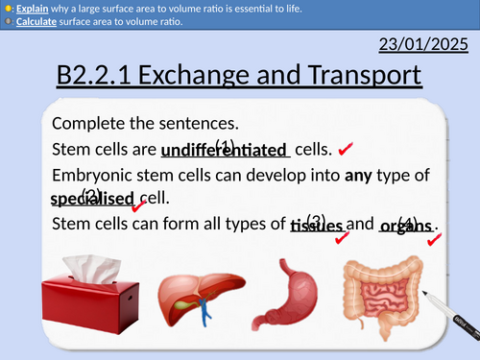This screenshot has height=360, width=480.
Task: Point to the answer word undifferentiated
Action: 225,151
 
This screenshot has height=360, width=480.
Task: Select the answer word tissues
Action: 316,226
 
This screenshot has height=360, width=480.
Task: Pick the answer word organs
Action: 405,226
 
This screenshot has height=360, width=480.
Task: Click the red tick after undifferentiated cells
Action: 347,151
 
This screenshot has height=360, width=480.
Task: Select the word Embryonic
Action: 96,175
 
